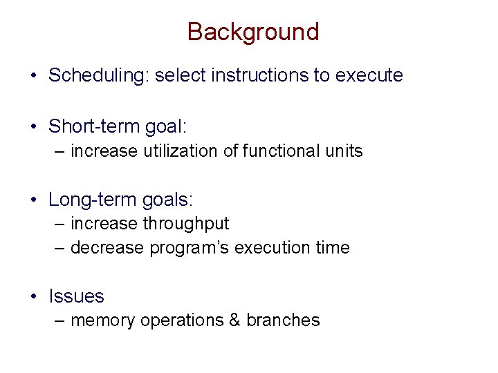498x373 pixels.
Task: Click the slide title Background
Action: [253, 32]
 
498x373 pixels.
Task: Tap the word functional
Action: [277, 151]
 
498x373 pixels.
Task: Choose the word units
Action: [343, 151]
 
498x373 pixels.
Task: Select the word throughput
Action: [185, 224]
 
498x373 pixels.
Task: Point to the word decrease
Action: [108, 248]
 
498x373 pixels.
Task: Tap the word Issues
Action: [76, 296]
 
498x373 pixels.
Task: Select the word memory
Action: [103, 321]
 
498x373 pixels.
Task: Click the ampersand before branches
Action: [233, 321]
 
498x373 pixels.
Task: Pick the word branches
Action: [283, 321]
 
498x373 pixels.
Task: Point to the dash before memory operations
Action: [59, 321]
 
